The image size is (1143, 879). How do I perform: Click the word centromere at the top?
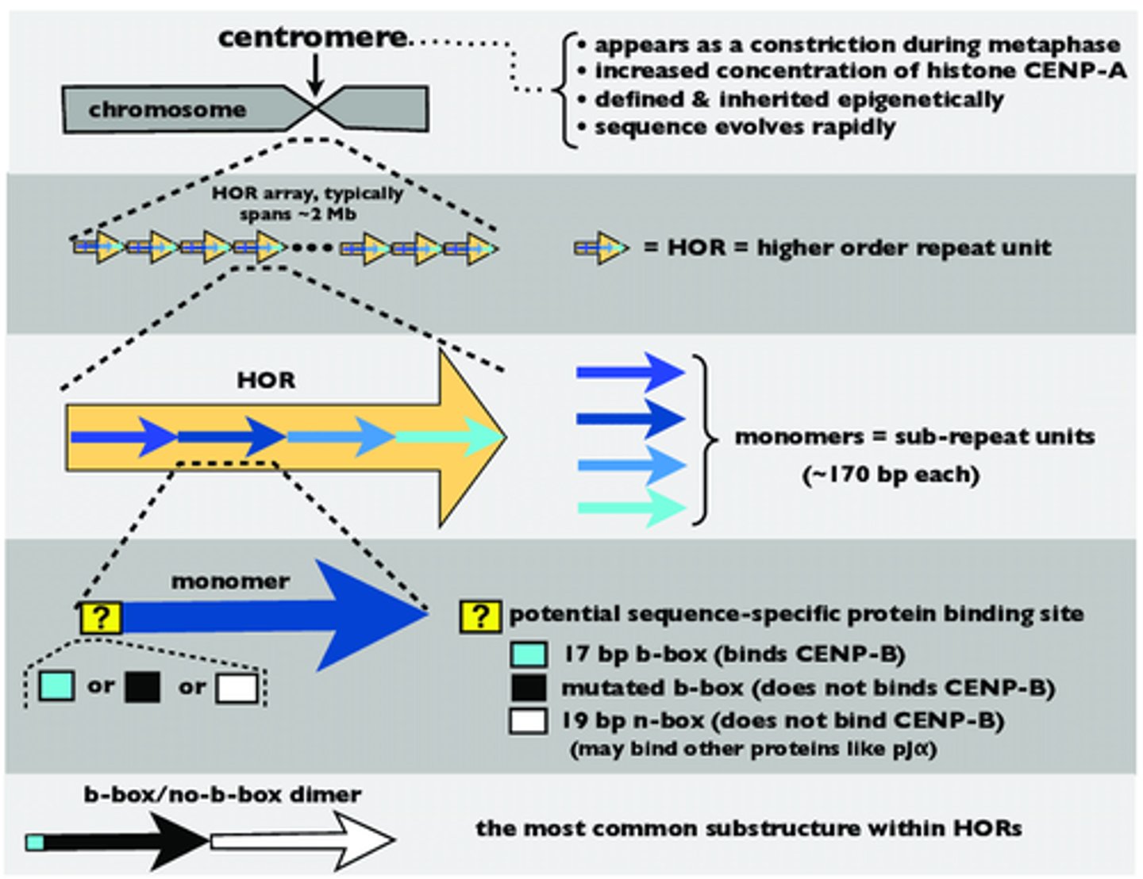312,37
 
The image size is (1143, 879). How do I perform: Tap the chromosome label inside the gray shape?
167,109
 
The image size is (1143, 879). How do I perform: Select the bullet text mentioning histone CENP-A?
860,71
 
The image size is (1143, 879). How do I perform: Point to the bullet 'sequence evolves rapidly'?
745,127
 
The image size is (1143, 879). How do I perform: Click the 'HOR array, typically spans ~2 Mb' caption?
306,203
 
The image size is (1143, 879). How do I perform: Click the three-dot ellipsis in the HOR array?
311,248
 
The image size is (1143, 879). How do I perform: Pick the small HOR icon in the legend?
601,248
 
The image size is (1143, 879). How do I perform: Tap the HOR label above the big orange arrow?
266,380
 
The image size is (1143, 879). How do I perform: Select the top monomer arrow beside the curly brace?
630,372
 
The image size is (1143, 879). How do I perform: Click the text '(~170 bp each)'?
891,475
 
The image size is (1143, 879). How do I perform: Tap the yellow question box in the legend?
480,616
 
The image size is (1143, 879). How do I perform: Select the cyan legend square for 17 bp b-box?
529,654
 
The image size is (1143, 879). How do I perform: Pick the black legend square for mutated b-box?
529,688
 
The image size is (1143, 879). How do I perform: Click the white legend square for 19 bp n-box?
529,721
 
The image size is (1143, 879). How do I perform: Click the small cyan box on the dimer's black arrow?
35,842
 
